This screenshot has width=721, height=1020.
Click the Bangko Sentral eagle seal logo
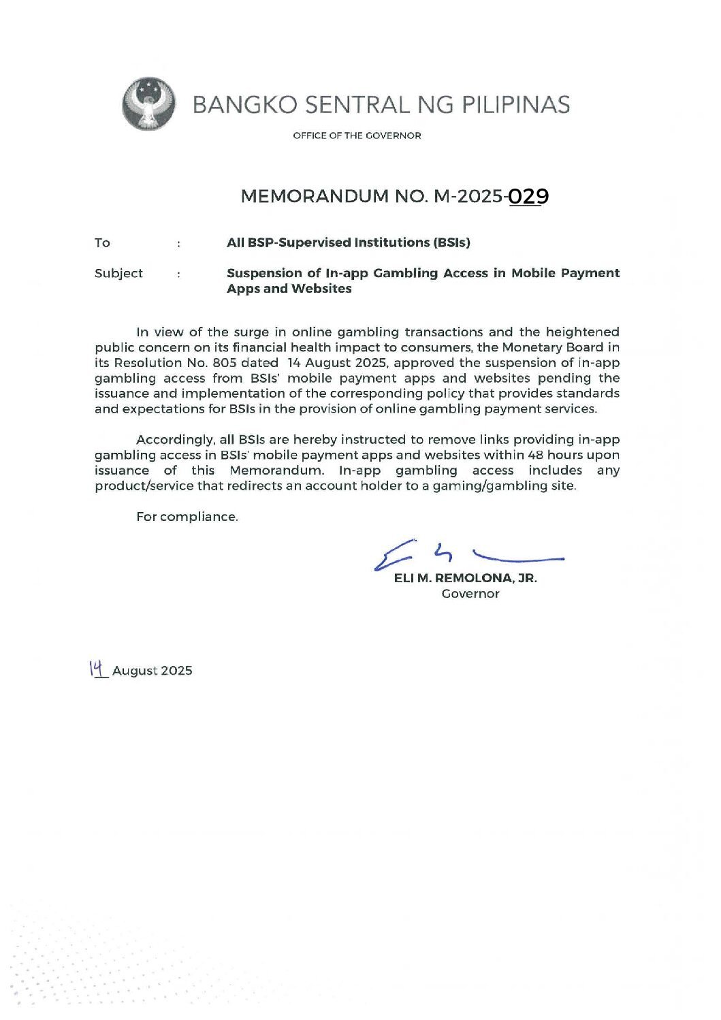[x=149, y=104]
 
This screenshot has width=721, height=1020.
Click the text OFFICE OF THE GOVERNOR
[x=357, y=136]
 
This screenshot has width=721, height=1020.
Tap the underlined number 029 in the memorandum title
[x=529, y=197]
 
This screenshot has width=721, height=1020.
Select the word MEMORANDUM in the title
[x=315, y=197]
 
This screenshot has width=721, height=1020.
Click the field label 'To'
[x=102, y=243]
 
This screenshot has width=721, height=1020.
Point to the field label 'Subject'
[x=118, y=274]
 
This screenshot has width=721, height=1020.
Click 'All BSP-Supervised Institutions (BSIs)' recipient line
[x=348, y=243]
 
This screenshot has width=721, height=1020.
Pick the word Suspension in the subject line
[x=263, y=273]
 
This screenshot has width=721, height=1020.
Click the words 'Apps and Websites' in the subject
[x=289, y=289]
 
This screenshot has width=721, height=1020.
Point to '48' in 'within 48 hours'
[x=536, y=455]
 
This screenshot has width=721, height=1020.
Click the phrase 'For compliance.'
[x=187, y=517]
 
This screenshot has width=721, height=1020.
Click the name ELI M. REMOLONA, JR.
[x=465, y=578]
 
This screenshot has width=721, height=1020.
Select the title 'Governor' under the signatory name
[x=470, y=594]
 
